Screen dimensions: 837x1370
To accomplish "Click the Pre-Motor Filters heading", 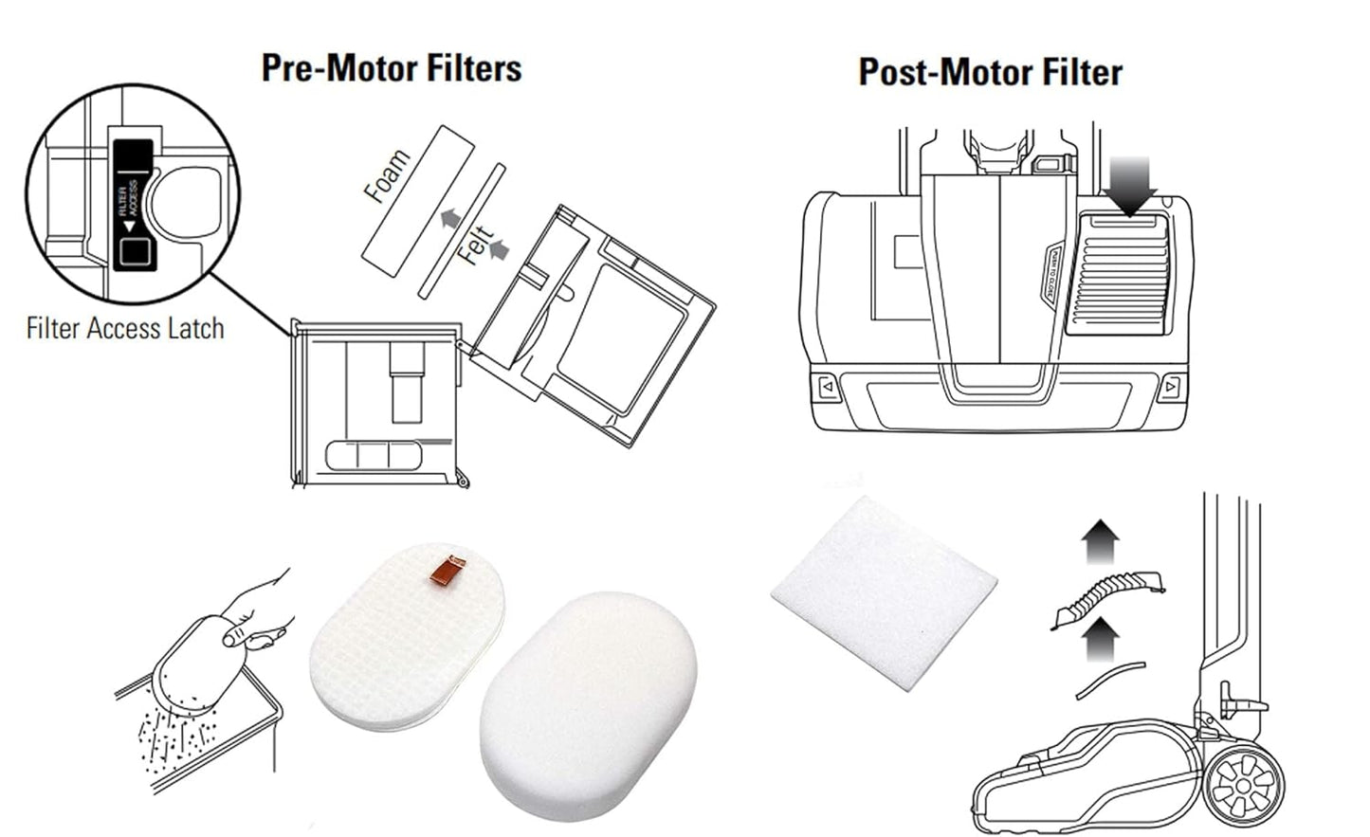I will [x=391, y=68].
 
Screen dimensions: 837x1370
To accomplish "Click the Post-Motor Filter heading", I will [x=990, y=72].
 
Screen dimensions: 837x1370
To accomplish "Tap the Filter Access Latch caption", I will [x=125, y=329].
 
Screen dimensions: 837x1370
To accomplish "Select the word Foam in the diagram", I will [x=388, y=176].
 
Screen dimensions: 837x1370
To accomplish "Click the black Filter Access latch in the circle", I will [x=132, y=203].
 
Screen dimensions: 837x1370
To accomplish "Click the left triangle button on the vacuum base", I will [x=827, y=387].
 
